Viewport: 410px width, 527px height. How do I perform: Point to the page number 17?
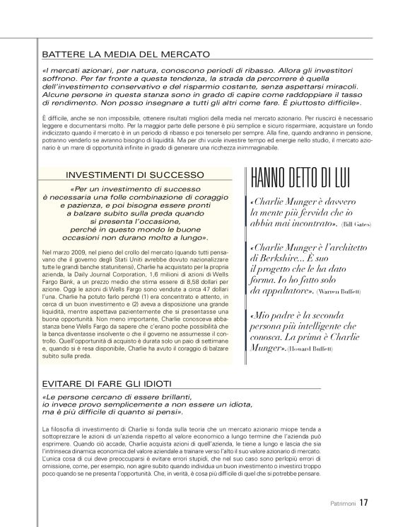(x=363, y=504)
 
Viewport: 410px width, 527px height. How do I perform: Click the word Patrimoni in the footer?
(x=341, y=504)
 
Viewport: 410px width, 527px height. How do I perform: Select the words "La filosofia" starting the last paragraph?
(x=60, y=430)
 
